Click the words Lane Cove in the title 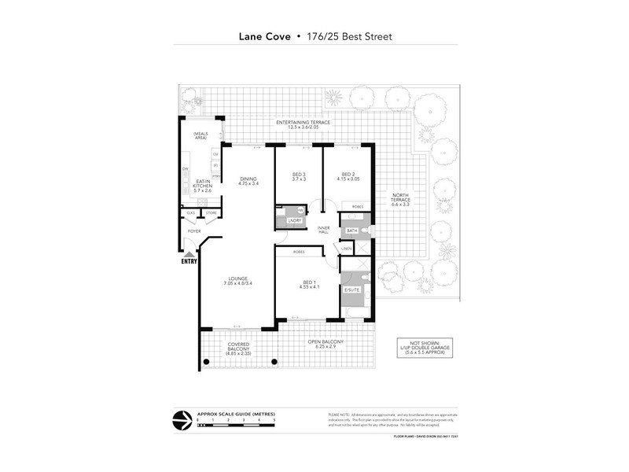pyautogui.click(x=264, y=36)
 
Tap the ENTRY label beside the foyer pyautogui.click(x=189, y=262)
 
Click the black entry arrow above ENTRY pyautogui.click(x=189, y=253)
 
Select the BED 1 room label pyautogui.click(x=307, y=282)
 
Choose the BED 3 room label pyautogui.click(x=299, y=174)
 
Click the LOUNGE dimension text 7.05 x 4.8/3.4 pyautogui.click(x=238, y=283)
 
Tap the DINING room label pyautogui.click(x=248, y=179)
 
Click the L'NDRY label pyautogui.click(x=295, y=221)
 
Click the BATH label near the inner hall pyautogui.click(x=351, y=230)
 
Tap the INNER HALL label pyautogui.click(x=322, y=230)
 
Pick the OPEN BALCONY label pyautogui.click(x=326, y=341)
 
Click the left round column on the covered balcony pyautogui.click(x=207, y=363)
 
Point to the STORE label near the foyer pyautogui.click(x=211, y=213)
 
